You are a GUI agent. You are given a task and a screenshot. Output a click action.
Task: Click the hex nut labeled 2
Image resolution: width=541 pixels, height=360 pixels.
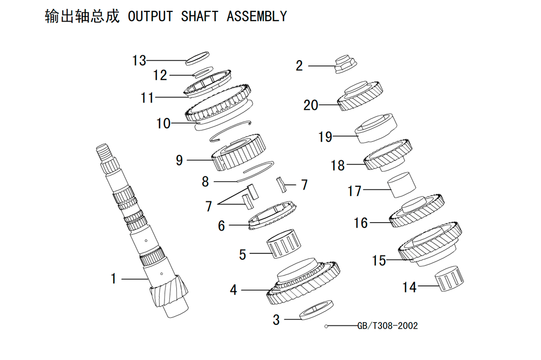coord(345,64)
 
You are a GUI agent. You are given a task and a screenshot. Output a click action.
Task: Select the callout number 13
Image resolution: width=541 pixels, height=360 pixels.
coord(140,61)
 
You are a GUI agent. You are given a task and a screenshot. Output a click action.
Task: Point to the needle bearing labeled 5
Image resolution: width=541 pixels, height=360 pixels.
coord(283,243)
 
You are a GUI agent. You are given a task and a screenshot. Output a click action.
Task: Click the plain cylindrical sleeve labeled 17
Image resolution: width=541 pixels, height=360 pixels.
coord(401,185)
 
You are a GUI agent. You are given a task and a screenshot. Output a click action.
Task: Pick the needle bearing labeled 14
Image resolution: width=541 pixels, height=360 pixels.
coord(448,279)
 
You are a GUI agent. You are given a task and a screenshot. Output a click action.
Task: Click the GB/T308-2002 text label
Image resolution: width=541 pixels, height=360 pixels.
coord(387,326)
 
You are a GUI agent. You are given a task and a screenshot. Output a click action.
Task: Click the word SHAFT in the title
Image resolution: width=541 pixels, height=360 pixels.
coord(200,16)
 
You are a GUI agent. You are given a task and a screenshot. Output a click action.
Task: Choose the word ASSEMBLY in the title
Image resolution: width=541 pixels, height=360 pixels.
coord(256,16)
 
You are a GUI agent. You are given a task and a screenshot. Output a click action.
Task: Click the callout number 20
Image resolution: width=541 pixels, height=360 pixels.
coord(311,105)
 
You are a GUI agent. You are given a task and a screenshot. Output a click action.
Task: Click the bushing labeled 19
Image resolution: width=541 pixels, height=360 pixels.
coord(376,128)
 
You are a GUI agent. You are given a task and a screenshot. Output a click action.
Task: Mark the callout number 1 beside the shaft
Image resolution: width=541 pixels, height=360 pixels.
coord(113,279)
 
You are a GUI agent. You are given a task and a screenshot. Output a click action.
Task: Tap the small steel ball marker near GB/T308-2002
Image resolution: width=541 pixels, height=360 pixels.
coord(326,326)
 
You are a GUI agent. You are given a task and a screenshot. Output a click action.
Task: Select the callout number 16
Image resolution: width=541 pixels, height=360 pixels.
coord(361,223)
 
